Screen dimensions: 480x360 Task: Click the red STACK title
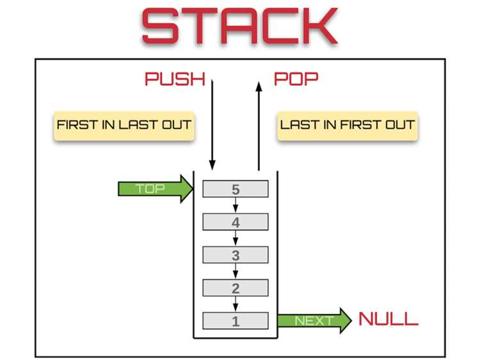[x=240, y=26]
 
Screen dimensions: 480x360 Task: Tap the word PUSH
[x=175, y=79]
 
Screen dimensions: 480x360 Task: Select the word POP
[x=296, y=79]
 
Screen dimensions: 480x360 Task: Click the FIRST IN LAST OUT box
[x=124, y=126]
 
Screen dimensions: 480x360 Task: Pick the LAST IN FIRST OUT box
[x=348, y=126]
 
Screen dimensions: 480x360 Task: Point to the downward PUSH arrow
[x=212, y=125]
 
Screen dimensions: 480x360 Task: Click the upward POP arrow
[x=259, y=126]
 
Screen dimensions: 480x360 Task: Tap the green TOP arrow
[x=156, y=189]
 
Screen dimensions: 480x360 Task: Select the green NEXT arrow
[x=315, y=321]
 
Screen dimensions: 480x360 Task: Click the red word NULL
[x=388, y=319]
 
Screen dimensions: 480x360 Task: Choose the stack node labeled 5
[x=236, y=189]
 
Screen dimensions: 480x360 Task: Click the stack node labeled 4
[x=236, y=222]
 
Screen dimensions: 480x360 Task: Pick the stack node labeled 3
[x=236, y=254]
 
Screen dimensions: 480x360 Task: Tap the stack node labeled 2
[x=236, y=288]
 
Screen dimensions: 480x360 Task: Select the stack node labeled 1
[x=236, y=321]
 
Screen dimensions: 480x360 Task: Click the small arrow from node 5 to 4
[x=236, y=205]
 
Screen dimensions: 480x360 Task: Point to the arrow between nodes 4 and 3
[x=236, y=238]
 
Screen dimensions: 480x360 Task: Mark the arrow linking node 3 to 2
[x=236, y=271]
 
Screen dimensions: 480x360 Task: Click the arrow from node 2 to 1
[x=236, y=304]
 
